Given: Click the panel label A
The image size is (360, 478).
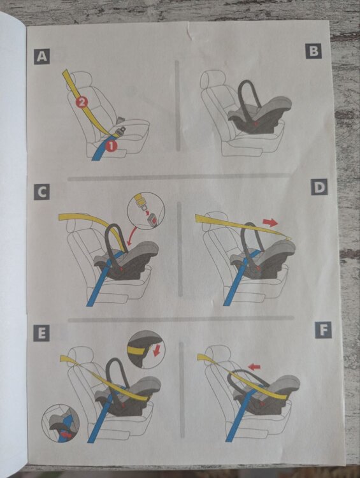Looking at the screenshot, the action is (42, 56).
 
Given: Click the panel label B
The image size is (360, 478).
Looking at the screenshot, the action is (313, 51).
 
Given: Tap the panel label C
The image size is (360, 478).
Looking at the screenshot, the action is (42, 192).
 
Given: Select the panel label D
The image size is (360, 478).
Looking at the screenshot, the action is (319, 187).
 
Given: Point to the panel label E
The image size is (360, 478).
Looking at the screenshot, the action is (41, 333).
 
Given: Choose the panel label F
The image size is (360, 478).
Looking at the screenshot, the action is (323, 330).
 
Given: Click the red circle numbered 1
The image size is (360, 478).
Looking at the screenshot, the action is (112, 146).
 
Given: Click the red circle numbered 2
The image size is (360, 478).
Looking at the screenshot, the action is (82, 103).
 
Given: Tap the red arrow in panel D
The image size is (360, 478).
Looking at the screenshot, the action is (270, 222).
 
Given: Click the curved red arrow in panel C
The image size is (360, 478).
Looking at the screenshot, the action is (133, 235).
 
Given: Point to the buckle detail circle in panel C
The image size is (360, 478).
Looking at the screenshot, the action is (147, 211).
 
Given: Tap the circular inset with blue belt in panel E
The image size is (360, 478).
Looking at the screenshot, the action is (61, 423).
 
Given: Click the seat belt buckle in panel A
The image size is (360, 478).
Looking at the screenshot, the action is (121, 131).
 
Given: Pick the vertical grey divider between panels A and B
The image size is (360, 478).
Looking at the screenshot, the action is (177, 106).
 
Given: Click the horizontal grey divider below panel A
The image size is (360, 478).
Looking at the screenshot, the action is (178, 177).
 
